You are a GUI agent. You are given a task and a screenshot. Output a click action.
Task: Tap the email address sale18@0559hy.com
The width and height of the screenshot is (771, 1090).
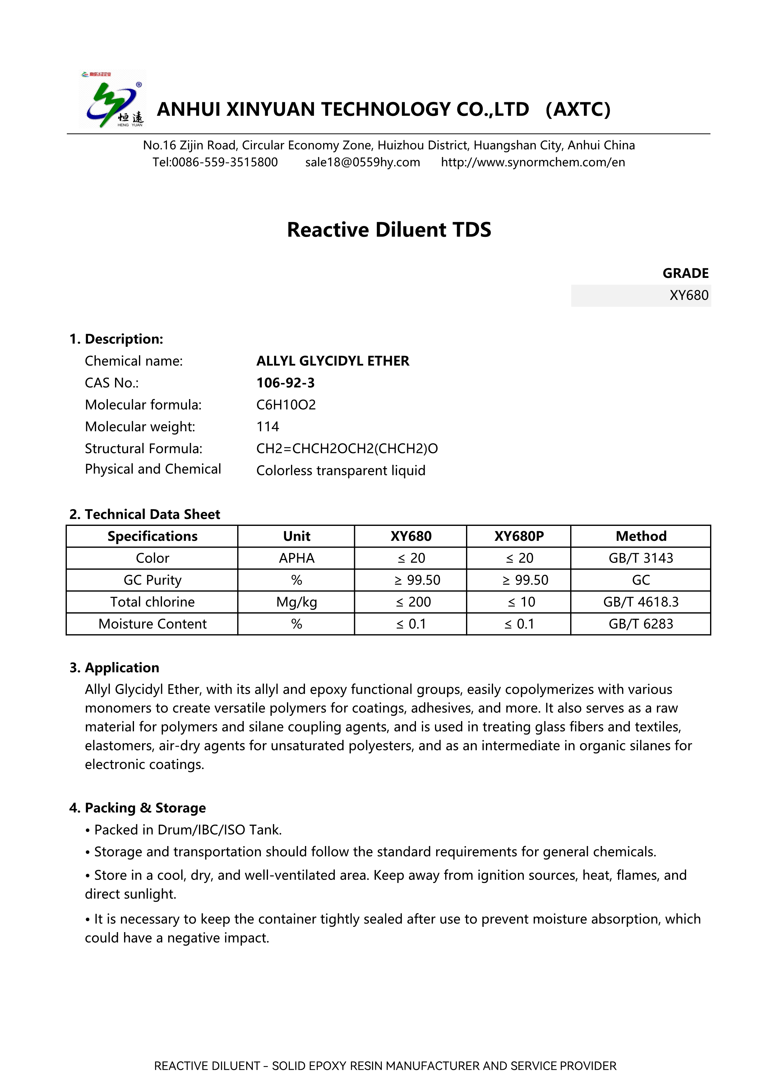tap(362, 162)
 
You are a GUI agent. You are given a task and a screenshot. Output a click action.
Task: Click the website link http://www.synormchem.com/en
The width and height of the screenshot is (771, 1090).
tap(533, 162)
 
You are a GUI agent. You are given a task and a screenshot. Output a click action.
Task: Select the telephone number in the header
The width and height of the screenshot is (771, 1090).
tap(215, 162)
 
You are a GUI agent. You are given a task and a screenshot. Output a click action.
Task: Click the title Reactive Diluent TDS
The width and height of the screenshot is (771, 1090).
tap(389, 230)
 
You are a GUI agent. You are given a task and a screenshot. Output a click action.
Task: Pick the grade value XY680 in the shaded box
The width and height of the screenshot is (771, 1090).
tap(688, 295)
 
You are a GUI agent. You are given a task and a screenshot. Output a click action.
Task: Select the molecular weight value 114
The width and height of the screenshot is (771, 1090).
tap(268, 426)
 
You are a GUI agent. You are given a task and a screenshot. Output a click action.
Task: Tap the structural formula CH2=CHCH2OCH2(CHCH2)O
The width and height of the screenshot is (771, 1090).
tap(347, 448)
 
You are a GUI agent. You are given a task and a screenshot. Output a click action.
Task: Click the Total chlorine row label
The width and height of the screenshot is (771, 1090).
tap(152, 602)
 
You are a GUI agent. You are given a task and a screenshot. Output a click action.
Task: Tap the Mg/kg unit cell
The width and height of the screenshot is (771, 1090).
tap(296, 602)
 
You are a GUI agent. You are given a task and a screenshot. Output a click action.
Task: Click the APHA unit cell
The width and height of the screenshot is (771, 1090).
tap(296, 558)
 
